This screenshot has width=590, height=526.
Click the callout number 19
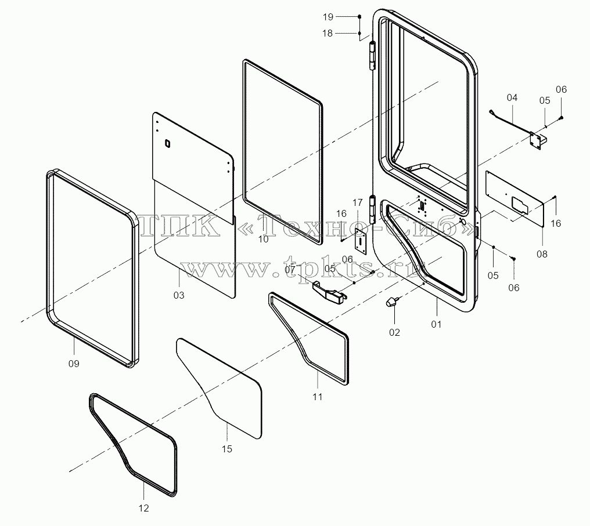tap(328, 17)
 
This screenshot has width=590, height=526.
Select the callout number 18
tap(328, 34)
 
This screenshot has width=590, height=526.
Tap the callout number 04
tap(512, 97)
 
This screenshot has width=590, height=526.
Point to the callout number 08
tap(542, 255)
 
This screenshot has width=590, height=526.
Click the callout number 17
tap(358, 203)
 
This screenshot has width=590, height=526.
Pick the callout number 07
tap(290, 270)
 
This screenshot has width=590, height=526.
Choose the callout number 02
tap(394, 332)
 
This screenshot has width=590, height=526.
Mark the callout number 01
tap(436, 324)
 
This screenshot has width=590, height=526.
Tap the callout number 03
tap(179, 296)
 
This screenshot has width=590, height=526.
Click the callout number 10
tap(264, 240)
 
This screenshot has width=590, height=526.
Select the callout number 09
tap(74, 364)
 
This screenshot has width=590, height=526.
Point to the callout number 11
tap(317, 397)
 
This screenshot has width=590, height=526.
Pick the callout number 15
tap(227, 449)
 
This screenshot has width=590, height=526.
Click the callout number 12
tap(144, 509)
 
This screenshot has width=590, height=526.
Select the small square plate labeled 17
tap(361, 241)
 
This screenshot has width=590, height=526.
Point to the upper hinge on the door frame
tap(372, 56)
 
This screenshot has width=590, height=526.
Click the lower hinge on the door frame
tap(372, 210)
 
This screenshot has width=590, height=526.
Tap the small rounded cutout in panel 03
tap(167, 143)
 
